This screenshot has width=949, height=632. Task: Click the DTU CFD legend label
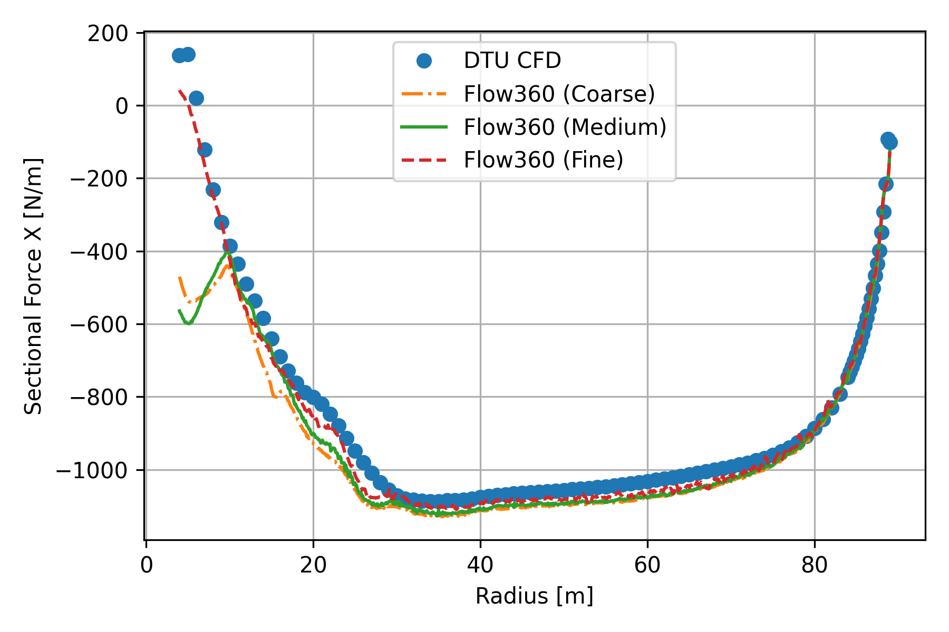tap(512, 61)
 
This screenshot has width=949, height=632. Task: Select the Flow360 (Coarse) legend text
tap(559, 94)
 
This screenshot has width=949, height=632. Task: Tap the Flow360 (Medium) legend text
tap(565, 127)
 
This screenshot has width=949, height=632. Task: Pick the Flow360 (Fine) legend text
tap(543, 160)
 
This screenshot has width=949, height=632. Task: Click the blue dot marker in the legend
tap(424, 61)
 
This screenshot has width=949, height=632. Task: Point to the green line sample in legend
tap(424, 127)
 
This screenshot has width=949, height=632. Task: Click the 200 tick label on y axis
tap(108, 34)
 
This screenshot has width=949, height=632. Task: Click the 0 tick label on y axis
tap(122, 106)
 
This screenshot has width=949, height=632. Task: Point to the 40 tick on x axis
tap(480, 565)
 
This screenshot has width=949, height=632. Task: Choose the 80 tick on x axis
tap(814, 565)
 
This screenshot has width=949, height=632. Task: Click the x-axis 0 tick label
tap(147, 565)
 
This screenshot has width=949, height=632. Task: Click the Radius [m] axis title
tap(534, 596)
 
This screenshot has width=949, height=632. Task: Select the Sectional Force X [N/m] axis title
tap(34, 286)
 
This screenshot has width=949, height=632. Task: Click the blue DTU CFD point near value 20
tap(196, 98)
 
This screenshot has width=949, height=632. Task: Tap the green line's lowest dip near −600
tap(188, 323)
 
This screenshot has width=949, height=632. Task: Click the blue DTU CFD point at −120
tap(205, 150)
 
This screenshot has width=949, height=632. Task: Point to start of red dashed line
tap(180, 91)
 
